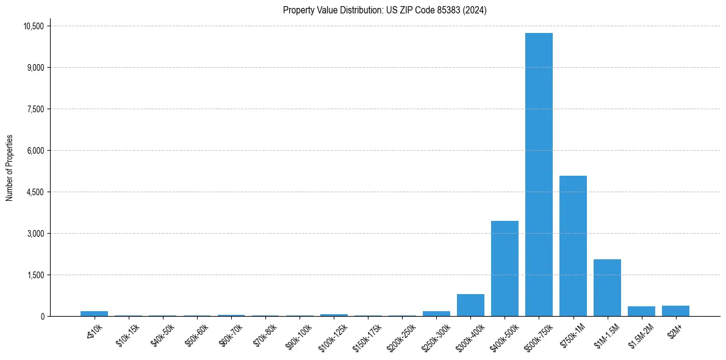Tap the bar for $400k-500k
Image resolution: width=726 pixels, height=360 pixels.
click(505, 268)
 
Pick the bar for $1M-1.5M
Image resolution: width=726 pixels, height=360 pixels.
click(607, 287)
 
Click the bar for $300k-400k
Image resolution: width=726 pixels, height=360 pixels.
click(470, 305)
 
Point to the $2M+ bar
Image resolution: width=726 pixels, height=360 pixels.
click(675, 311)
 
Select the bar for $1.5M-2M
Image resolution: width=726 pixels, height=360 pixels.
click(641, 311)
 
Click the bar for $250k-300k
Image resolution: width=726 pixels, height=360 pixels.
click(436, 314)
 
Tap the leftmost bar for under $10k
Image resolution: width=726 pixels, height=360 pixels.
click(94, 314)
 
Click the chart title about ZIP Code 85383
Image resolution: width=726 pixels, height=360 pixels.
click(385, 10)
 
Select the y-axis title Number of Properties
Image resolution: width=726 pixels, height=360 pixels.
click(10, 168)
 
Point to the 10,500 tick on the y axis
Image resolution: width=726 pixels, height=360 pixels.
click(34, 26)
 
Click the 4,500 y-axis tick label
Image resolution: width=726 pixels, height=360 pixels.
click(37, 192)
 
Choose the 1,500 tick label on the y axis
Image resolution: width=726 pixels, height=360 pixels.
click(37, 275)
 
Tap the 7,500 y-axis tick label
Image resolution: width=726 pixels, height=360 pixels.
click(37, 109)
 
